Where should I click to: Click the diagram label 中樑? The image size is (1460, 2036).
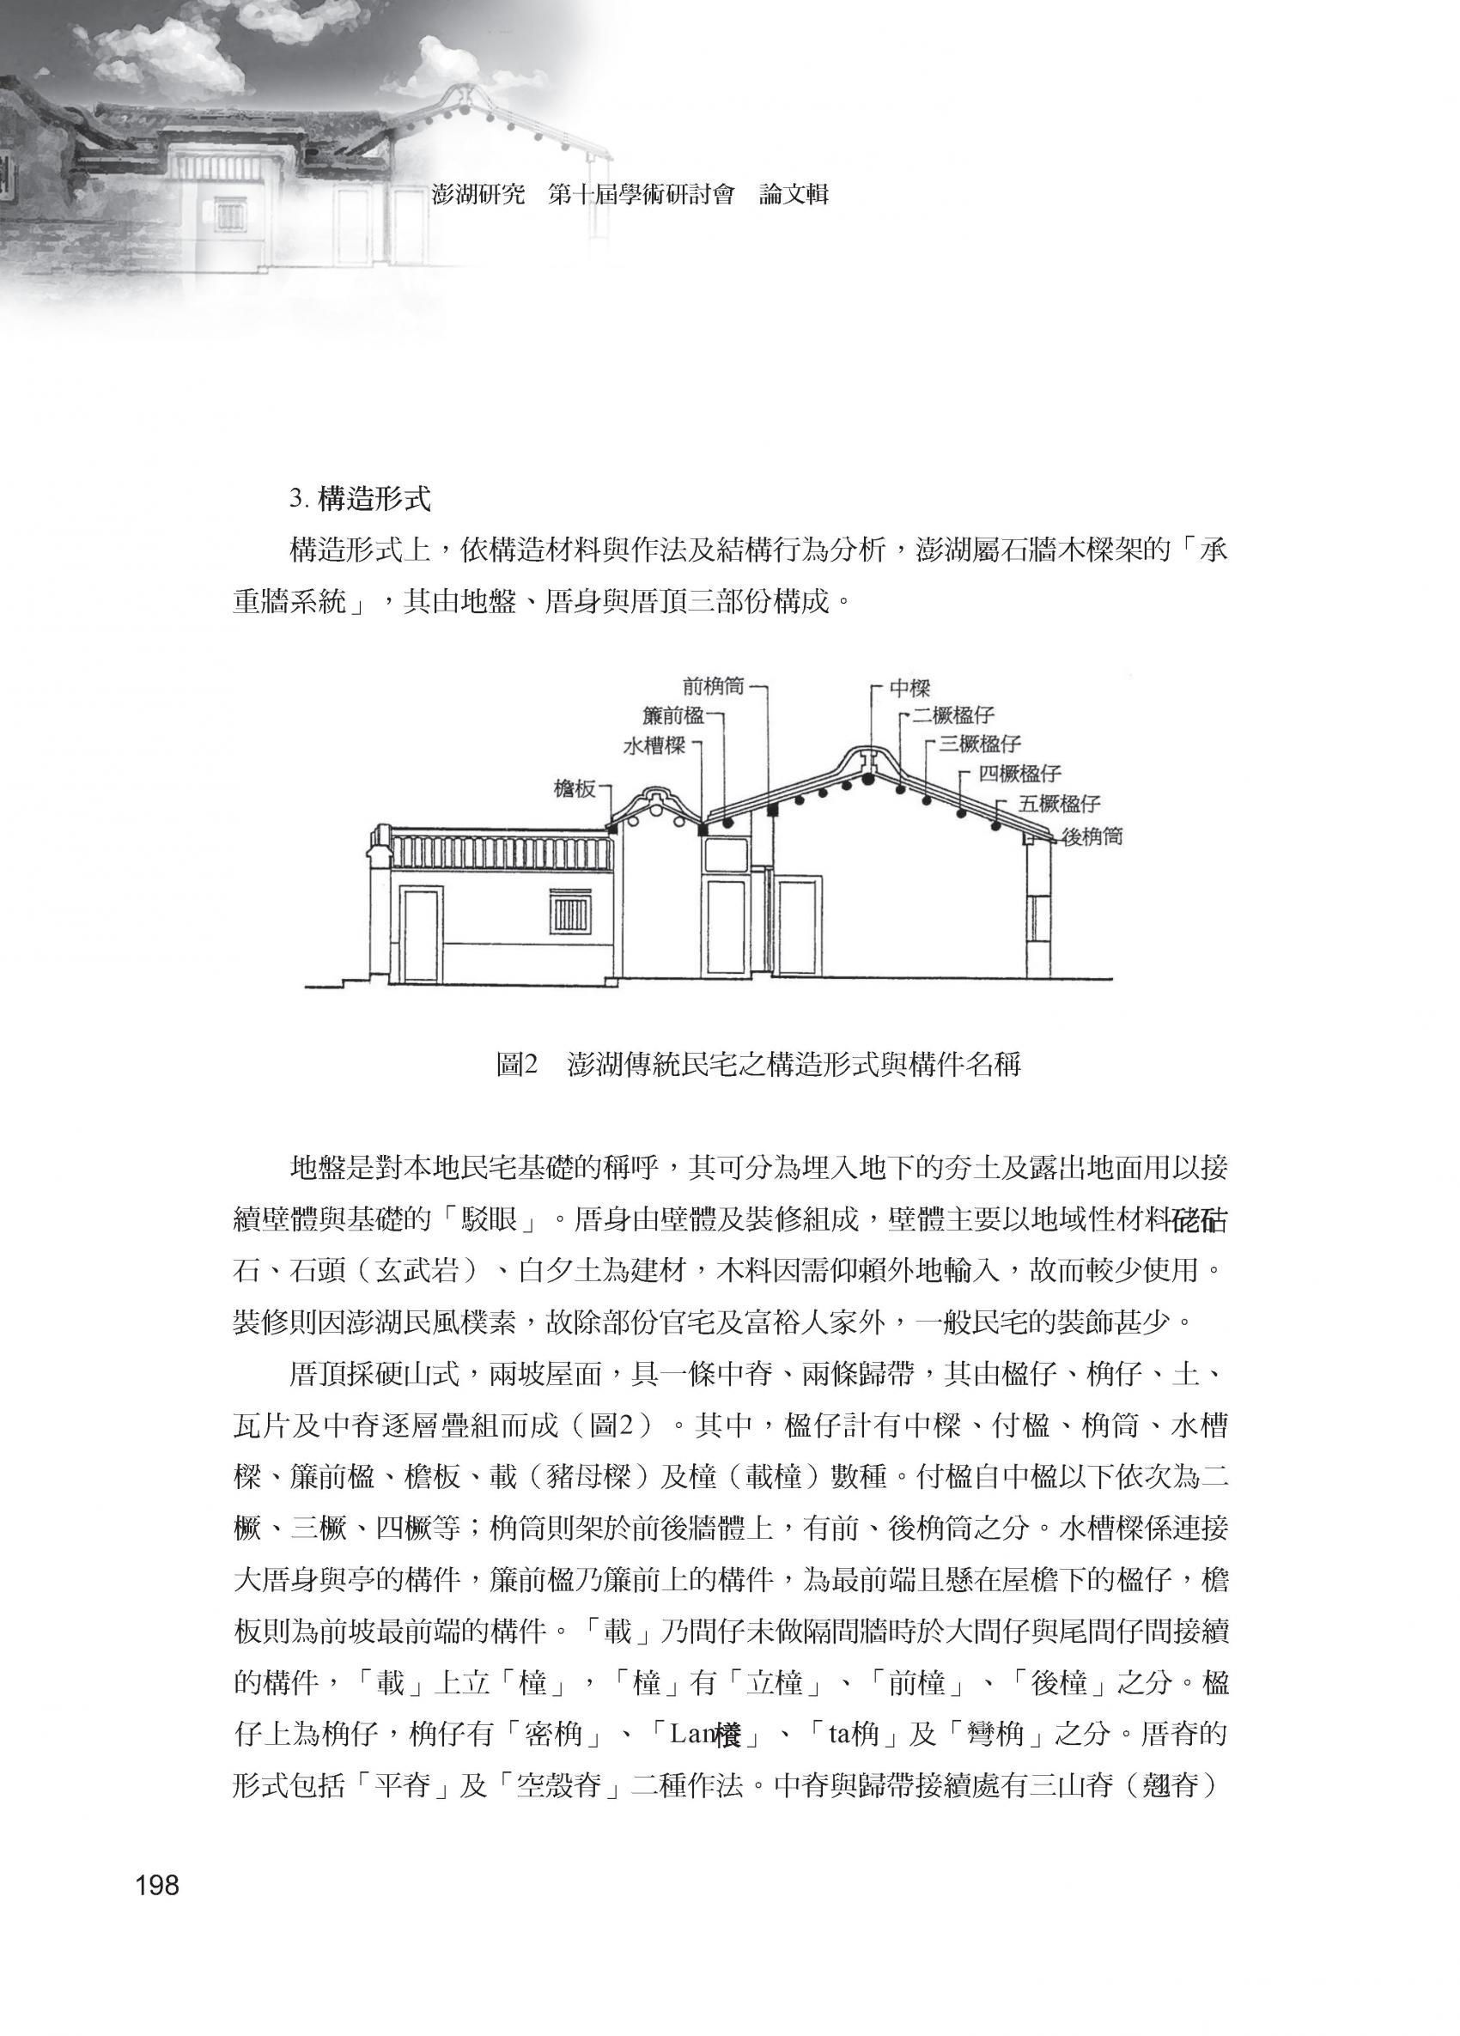coord(909,689)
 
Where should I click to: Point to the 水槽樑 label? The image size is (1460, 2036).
coord(654,747)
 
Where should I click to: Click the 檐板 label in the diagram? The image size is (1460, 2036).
coord(575,788)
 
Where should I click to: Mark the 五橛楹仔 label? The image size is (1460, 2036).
coord(1060,803)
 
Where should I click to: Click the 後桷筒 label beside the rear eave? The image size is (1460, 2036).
coord(1091,836)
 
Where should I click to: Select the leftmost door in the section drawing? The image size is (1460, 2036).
coord(420,933)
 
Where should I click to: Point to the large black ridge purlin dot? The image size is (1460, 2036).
coord(868,779)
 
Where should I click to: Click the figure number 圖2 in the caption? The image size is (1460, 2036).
coord(516,1065)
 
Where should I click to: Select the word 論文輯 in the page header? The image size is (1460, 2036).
coord(793,195)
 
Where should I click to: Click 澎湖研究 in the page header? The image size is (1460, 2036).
coord(478,195)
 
